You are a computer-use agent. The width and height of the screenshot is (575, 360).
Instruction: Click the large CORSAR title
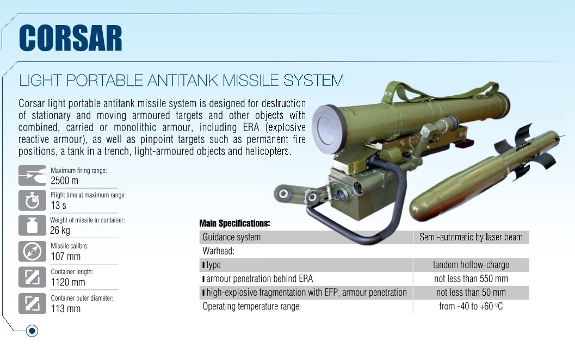coord(70,38)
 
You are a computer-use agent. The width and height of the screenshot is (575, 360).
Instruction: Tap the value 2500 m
coord(64,181)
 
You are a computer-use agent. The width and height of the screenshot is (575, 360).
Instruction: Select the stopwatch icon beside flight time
coord(32,200)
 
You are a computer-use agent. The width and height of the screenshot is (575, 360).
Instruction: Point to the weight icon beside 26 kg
coord(32,225)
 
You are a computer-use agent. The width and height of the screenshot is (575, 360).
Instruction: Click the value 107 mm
coord(66,256)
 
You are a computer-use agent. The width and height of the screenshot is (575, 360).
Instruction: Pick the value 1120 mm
coord(68,282)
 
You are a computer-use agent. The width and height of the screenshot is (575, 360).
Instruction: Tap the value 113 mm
coord(66,308)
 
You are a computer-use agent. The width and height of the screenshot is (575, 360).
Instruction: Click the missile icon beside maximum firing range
coord(32,175)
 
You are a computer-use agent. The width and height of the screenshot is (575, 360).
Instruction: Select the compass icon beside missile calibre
coord(32,251)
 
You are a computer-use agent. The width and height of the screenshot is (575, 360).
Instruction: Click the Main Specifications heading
coord(234,224)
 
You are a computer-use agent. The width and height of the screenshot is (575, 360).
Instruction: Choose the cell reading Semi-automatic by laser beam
coord(471,237)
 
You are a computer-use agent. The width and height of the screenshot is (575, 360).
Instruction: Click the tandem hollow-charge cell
coord(471,265)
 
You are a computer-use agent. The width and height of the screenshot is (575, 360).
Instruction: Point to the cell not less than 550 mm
coord(471,278)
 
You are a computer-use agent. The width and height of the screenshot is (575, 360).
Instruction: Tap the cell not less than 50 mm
coord(471,293)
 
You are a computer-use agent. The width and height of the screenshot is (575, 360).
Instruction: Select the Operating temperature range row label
coord(251,307)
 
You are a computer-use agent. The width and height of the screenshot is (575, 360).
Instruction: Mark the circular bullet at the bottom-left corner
coord(32,331)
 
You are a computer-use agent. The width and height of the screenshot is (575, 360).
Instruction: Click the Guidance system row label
coord(231,237)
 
